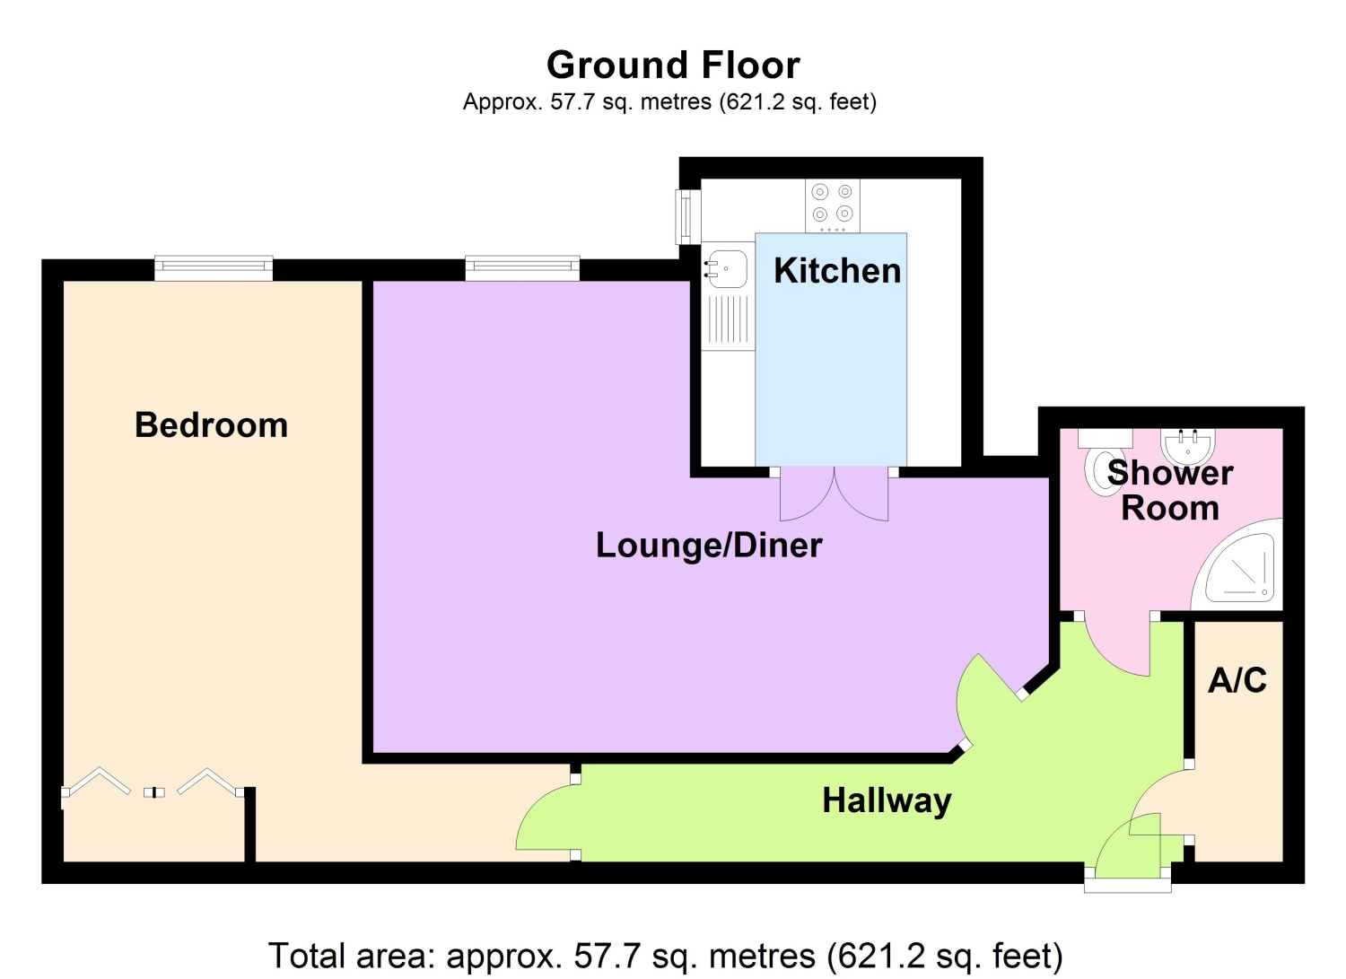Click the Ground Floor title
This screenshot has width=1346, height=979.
pyautogui.click(x=673, y=66)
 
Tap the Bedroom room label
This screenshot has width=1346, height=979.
pyautogui.click(x=211, y=425)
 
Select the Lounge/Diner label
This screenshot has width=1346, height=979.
pyautogui.click(x=709, y=546)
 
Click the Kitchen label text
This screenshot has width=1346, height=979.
pyautogui.click(x=836, y=271)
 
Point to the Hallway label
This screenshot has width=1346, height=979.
pyautogui.click(x=887, y=800)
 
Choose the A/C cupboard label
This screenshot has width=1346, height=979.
pyautogui.click(x=1237, y=680)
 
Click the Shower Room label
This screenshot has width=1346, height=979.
pyautogui.click(x=1170, y=490)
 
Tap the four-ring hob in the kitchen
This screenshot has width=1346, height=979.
pyautogui.click(x=832, y=204)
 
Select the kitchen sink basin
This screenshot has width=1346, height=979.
pyautogui.click(x=727, y=267)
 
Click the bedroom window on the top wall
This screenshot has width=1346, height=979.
pyautogui.click(x=214, y=267)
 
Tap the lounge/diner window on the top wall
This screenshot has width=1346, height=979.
pyautogui.click(x=522, y=267)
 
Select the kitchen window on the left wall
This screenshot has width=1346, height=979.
pyautogui.click(x=686, y=216)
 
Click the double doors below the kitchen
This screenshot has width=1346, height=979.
pyautogui.click(x=834, y=495)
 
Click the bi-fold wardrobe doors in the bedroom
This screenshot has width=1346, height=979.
pyautogui.click(x=153, y=784)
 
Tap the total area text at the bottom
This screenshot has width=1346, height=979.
pyautogui.click(x=665, y=956)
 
